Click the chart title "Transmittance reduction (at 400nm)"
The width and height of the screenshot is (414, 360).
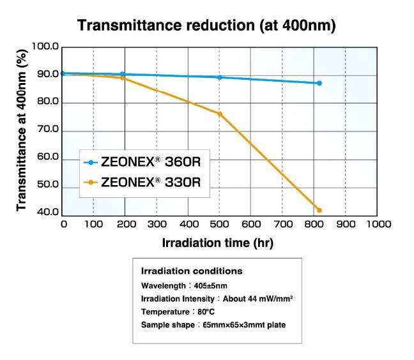(206, 26)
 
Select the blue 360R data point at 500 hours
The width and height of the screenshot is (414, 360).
(220, 77)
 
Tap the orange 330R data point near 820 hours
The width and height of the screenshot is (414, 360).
(319, 210)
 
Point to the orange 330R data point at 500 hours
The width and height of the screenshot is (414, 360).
(220, 114)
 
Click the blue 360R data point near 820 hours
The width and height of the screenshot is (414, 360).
(319, 83)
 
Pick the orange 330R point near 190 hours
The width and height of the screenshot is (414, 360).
(122, 78)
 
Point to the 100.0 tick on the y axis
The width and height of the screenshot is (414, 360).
(45, 47)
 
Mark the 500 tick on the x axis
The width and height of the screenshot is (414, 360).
(220, 223)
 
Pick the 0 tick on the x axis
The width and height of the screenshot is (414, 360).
(63, 223)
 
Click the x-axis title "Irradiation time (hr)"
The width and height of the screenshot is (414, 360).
(218, 243)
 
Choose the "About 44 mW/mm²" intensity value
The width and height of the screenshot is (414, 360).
(259, 299)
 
